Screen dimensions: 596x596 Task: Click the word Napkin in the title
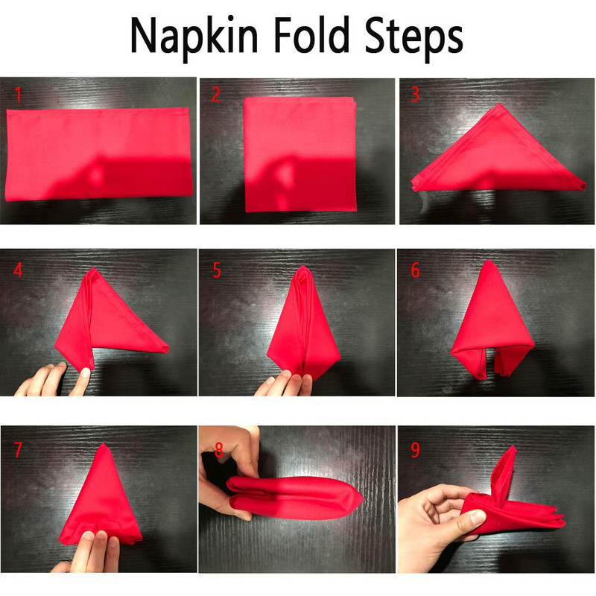click(x=194, y=37)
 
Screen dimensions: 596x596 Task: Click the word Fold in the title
click(x=311, y=34)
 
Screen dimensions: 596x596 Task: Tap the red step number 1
click(x=18, y=95)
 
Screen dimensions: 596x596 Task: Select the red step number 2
click(x=215, y=95)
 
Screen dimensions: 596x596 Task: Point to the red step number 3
click(x=415, y=95)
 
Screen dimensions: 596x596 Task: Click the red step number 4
click(x=18, y=270)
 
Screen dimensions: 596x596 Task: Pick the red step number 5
click(x=217, y=270)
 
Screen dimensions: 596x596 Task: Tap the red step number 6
click(x=416, y=270)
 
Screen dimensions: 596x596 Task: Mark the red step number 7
click(x=18, y=450)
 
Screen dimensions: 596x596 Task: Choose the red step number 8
click(x=218, y=450)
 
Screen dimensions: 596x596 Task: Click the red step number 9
click(x=416, y=450)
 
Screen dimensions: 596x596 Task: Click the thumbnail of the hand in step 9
click(x=476, y=518)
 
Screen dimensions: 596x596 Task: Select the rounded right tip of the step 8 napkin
click(x=361, y=498)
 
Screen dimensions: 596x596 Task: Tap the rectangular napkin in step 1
click(x=98, y=154)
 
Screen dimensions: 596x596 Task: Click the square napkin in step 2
click(x=300, y=154)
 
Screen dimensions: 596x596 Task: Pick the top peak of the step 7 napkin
click(x=103, y=444)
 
